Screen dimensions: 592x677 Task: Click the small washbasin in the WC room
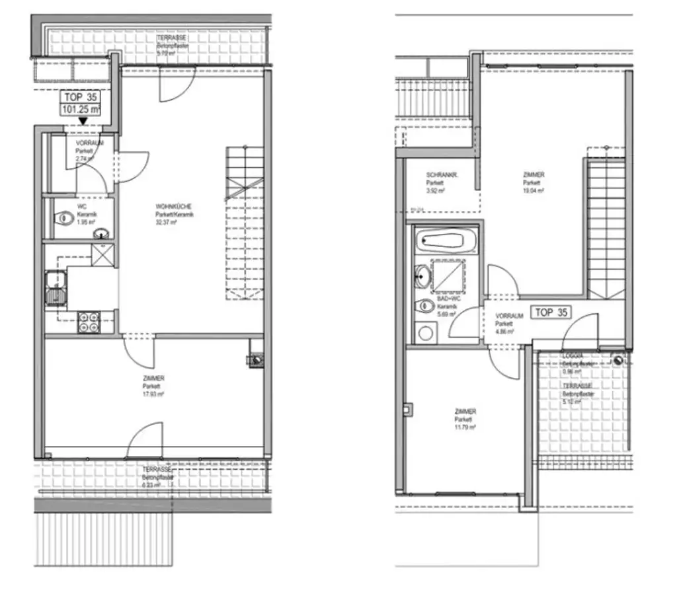[x=102, y=233]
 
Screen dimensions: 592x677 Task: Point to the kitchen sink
[x=52, y=290]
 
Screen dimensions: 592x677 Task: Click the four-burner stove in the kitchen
[x=88, y=322]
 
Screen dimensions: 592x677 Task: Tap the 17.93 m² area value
[x=153, y=394]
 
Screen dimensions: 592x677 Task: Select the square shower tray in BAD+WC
[x=451, y=276]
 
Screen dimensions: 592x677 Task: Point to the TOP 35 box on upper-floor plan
[x=551, y=312]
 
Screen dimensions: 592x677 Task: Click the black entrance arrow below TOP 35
[x=81, y=120]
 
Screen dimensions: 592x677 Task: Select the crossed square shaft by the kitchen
[x=102, y=254]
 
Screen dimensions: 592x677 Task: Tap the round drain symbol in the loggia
[x=618, y=360]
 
